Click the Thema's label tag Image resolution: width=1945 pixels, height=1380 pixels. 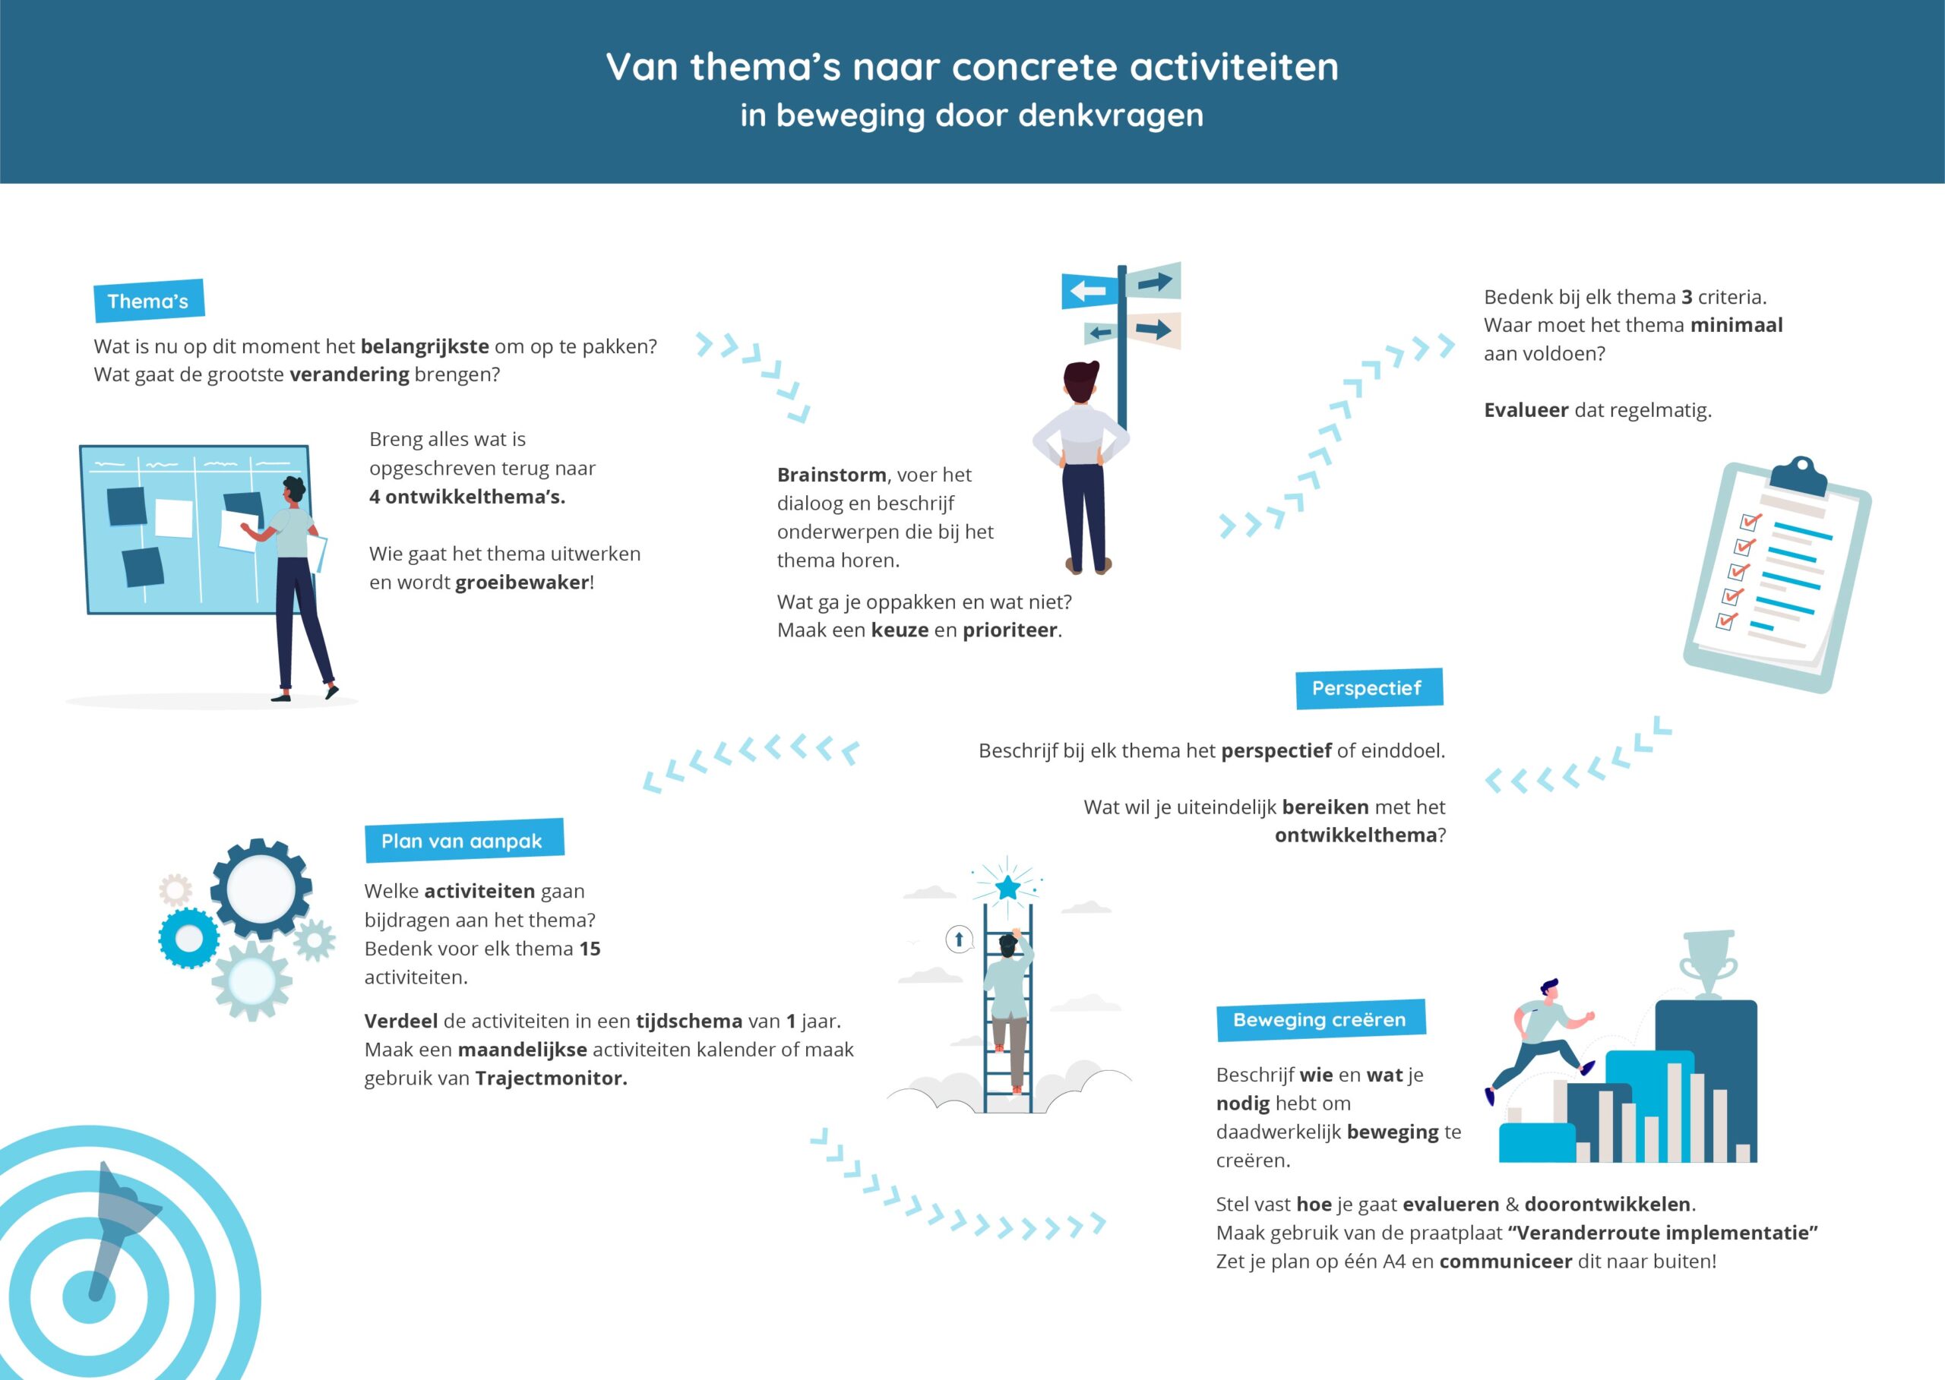149,301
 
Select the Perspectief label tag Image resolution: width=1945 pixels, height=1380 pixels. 1368,688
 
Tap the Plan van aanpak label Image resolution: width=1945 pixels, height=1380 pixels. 464,842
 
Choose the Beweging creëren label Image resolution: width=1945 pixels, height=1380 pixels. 1321,1020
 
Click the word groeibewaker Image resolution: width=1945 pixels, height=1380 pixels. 522,583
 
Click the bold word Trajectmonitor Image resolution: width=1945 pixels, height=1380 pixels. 551,1078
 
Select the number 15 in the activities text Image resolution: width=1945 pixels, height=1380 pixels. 590,949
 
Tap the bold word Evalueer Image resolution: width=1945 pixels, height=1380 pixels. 1526,409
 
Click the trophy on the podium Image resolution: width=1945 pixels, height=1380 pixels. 1708,965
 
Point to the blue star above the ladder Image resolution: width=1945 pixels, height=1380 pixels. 1008,888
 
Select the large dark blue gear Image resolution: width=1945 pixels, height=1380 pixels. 261,889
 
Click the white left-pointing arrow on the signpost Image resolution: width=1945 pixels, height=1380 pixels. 1088,292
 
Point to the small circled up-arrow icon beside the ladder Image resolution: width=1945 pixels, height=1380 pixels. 959,939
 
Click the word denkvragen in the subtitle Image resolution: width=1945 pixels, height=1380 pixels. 1111,115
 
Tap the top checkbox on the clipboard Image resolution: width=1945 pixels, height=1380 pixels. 1750,522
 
